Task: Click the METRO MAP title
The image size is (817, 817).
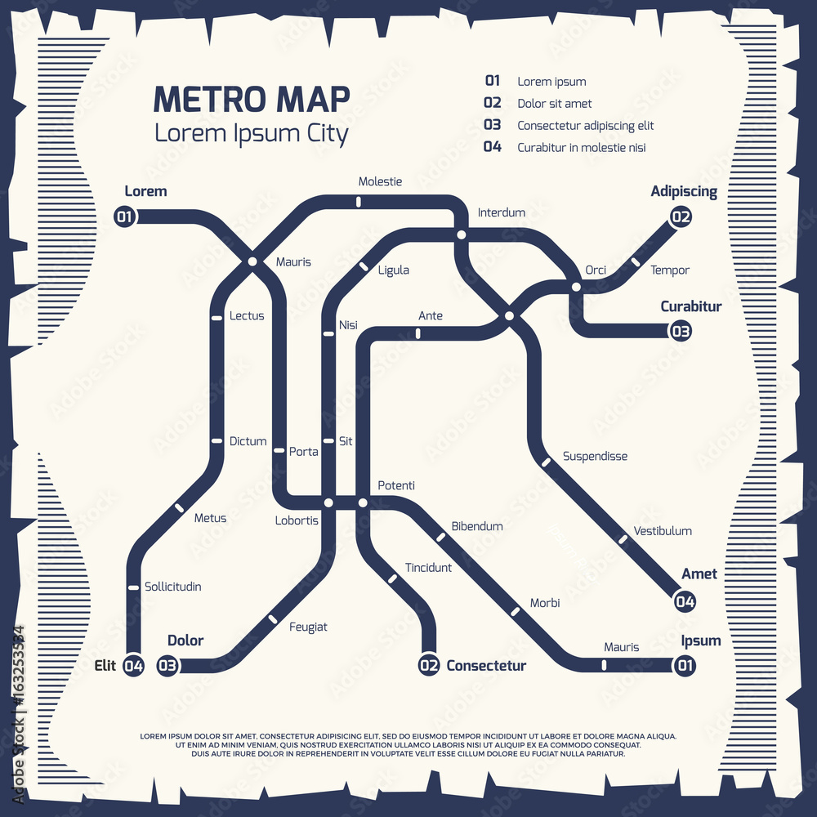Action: pos(252,99)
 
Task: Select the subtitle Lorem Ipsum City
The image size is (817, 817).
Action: pos(252,133)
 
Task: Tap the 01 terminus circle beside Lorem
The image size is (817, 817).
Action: pos(125,217)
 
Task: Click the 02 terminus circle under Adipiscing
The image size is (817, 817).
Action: pos(681,217)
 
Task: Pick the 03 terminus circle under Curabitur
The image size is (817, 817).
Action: pos(681,331)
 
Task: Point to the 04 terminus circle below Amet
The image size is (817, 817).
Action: pos(685,602)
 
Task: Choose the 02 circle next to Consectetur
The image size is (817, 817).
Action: pos(429,666)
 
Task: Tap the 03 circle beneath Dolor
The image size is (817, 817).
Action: pos(167,666)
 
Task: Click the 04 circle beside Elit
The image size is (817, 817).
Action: pos(133,666)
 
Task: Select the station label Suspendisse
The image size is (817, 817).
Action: pos(595,456)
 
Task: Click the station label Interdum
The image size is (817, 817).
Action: pos(502,212)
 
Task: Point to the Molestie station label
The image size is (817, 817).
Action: pos(380,181)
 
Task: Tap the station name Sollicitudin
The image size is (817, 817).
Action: pos(172,587)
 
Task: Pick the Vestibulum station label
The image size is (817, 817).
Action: pos(663,531)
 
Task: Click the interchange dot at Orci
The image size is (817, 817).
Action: pos(576,287)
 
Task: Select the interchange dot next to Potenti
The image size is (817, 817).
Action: pos(363,502)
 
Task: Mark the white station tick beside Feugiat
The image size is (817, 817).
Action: pos(270,618)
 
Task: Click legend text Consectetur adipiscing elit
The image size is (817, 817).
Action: pos(585,126)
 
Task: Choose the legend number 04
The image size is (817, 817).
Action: pos(492,147)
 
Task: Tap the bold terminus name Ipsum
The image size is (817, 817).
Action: pos(701,641)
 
